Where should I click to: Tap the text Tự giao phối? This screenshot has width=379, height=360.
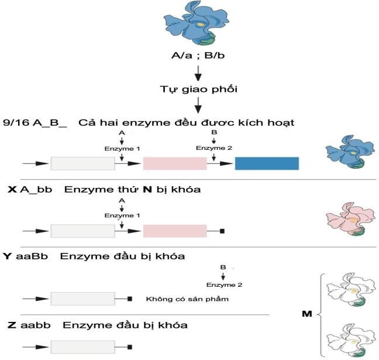[x=199, y=90]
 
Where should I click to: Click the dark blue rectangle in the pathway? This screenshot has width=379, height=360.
[x=267, y=163]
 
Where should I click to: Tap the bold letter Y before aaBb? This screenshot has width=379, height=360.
[x=8, y=256]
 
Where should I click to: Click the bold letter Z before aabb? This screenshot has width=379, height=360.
[x=8, y=324]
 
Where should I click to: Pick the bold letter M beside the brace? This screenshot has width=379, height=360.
[x=305, y=313]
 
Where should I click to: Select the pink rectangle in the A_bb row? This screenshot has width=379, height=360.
[x=174, y=231]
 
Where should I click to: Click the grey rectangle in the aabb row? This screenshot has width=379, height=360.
[x=82, y=346]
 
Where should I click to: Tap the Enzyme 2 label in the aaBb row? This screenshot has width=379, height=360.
[x=223, y=285]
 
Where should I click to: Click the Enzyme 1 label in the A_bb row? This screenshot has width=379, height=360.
[x=122, y=215]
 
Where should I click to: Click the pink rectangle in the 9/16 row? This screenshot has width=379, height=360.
[x=174, y=163]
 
